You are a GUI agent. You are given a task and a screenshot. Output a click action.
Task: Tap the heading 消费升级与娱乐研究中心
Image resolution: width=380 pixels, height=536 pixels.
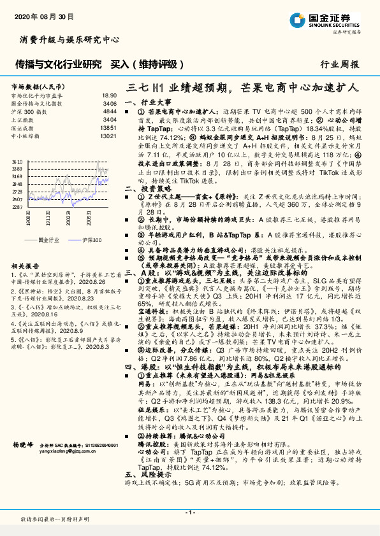tap(70, 39)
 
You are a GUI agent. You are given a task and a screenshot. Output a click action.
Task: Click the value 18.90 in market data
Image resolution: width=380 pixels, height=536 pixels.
tap(109, 94)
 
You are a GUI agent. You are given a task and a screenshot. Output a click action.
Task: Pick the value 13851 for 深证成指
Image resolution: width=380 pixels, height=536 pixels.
tap(108, 127)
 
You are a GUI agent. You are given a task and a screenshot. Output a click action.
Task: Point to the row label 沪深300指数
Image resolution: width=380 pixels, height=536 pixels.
tap(27, 110)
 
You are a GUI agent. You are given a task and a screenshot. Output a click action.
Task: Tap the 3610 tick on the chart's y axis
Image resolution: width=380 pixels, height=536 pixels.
tap(17, 162)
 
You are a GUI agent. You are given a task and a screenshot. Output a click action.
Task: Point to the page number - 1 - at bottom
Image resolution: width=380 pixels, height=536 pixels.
tap(190, 512)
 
